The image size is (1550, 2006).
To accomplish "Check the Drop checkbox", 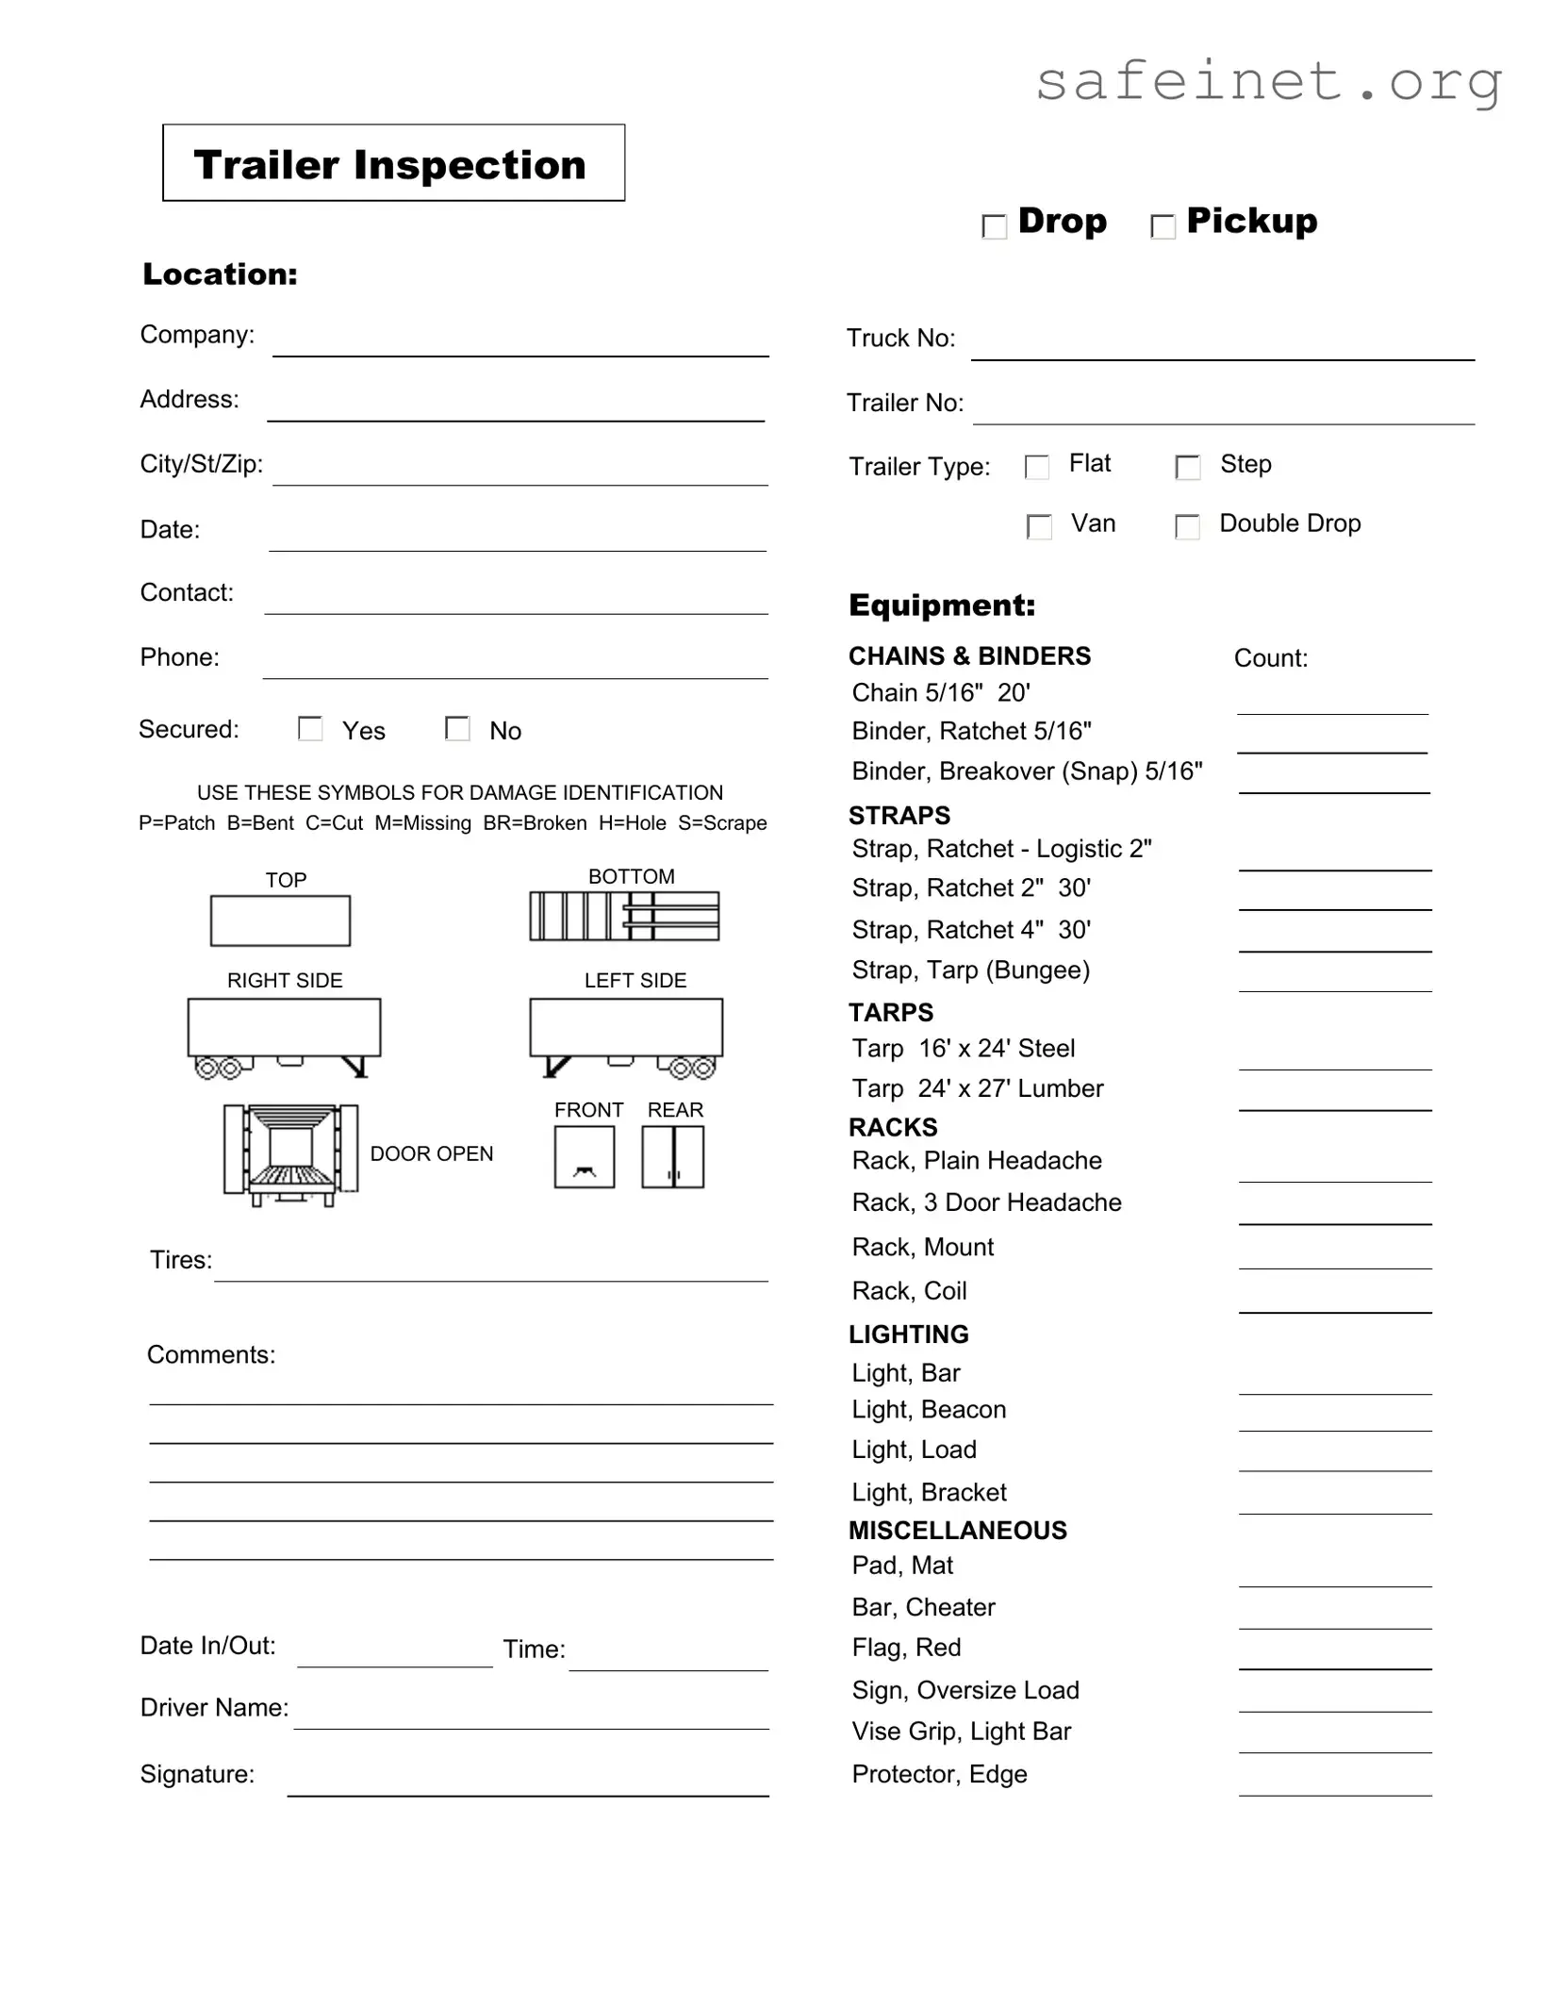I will tap(994, 226).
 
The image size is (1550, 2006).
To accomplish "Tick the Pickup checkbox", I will tap(1162, 226).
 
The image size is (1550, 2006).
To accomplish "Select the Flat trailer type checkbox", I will tap(1036, 467).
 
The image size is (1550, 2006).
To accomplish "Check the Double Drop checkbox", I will tap(1187, 526).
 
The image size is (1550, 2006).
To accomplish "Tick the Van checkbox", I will tap(1038, 526).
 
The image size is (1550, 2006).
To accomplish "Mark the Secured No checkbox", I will tap(457, 729).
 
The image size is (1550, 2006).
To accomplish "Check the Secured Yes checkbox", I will tap(310, 729).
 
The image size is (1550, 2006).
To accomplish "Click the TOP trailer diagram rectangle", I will tap(280, 920).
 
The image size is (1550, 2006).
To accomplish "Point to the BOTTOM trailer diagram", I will tap(624, 916).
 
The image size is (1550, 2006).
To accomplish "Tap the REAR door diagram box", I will tap(672, 1157).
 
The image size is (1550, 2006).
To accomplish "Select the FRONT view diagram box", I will tap(584, 1157).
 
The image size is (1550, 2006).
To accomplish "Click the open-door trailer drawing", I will tap(290, 1153).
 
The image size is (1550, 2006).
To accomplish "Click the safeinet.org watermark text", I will tap(1268, 83).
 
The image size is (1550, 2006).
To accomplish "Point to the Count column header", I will tap(1270, 658).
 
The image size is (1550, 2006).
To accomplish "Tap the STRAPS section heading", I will tap(899, 815).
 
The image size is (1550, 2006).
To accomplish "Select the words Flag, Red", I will tap(906, 1648).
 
